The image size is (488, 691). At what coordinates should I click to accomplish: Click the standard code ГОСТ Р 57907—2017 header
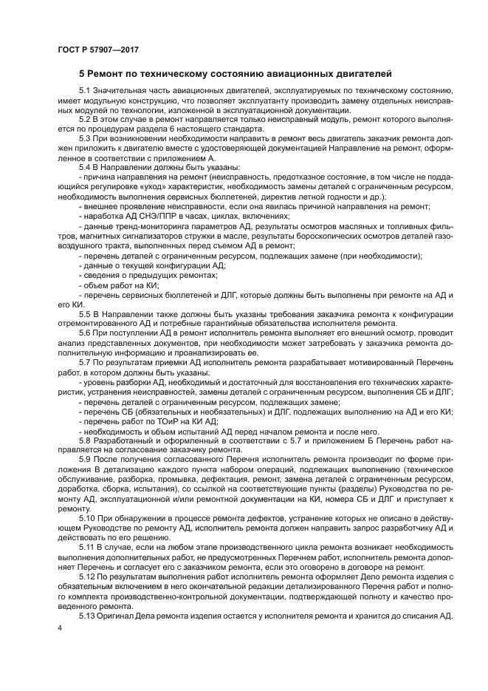tap(98, 50)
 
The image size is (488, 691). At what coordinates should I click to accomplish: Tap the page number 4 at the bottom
tap(59, 627)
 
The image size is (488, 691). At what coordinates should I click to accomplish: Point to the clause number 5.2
tap(86, 118)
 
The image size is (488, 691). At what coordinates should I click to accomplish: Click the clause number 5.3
tap(86, 138)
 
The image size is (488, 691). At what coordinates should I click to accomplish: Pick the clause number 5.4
tap(86, 168)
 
